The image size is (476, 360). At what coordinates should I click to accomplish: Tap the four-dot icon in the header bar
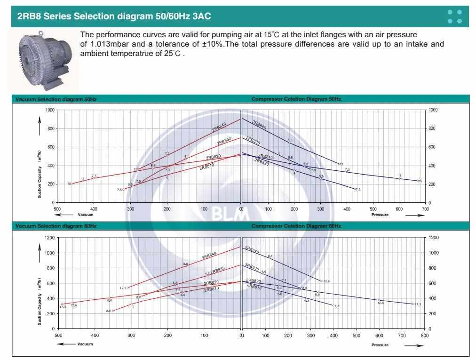tap(455, 16)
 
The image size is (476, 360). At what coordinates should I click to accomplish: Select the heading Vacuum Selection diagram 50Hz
tap(56, 99)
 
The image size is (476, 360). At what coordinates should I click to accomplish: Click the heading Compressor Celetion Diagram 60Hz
tap(296, 226)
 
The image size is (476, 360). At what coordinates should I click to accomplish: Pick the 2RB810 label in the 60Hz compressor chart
tap(254, 287)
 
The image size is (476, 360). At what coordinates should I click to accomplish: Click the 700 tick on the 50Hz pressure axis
tap(425, 208)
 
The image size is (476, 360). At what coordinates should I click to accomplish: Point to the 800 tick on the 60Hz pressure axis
tap(424, 336)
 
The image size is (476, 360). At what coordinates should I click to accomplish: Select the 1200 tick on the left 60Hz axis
tap(49, 238)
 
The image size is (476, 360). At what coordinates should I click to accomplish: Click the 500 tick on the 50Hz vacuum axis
tap(57, 208)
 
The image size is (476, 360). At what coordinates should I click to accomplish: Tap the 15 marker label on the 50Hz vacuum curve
tap(69, 184)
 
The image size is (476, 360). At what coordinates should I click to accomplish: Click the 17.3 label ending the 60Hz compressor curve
tap(418, 304)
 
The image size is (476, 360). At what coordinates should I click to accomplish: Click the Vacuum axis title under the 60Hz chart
tap(85, 344)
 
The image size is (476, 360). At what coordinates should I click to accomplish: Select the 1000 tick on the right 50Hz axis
tap(433, 110)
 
